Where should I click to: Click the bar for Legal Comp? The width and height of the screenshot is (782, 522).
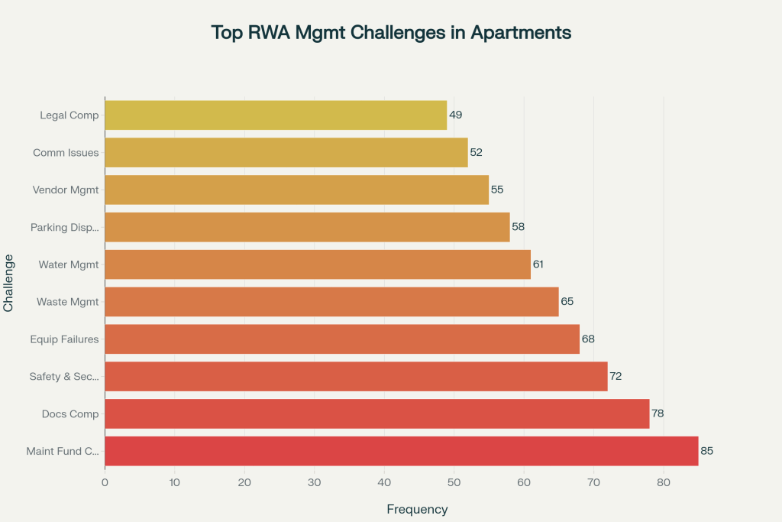click(x=275, y=115)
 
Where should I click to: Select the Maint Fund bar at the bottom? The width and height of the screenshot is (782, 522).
click(x=401, y=451)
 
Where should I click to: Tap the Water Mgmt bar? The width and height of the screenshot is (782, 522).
click(x=317, y=264)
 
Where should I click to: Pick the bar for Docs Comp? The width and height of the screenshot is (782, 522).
click(x=376, y=413)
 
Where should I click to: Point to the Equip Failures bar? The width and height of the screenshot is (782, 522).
click(x=341, y=339)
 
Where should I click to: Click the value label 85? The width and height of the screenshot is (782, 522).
click(x=706, y=451)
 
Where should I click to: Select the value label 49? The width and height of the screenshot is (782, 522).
click(x=455, y=115)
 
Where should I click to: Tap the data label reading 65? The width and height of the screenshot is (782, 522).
click(x=567, y=302)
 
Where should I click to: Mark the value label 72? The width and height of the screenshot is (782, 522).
click(x=616, y=376)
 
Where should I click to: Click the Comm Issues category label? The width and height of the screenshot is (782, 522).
click(x=66, y=153)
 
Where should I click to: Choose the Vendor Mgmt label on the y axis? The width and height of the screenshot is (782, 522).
click(x=66, y=190)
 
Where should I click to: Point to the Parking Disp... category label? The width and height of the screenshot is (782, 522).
click(x=65, y=227)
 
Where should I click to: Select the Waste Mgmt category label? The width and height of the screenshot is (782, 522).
click(x=68, y=302)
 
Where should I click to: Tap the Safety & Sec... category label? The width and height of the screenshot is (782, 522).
click(x=64, y=376)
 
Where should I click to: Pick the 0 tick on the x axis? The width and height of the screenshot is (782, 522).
click(x=105, y=482)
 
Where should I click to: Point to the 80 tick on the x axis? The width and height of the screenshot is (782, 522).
click(x=664, y=482)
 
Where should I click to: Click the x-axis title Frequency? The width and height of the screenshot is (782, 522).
click(x=417, y=509)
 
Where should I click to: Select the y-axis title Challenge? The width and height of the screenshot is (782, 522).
click(x=9, y=283)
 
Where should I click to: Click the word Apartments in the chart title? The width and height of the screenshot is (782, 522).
click(x=521, y=33)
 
